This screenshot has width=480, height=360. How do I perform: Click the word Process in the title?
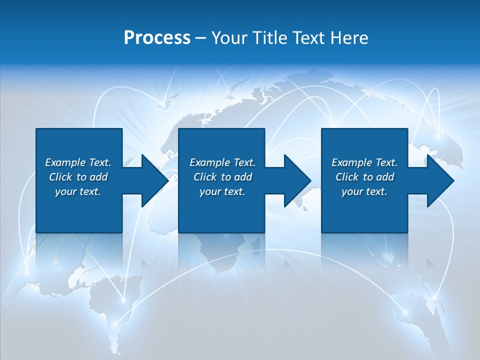pos(157,37)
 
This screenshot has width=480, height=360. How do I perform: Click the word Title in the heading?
pos(269,37)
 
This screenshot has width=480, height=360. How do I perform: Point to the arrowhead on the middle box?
pos(296,180)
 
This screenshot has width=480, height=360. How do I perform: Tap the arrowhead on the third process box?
pos(439,180)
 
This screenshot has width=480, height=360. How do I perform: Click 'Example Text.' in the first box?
pos(78,162)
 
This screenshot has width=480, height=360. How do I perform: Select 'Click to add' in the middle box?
pos(222,177)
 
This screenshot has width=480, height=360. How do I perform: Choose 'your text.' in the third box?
pos(364,191)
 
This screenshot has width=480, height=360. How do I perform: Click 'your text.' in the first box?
pos(78,191)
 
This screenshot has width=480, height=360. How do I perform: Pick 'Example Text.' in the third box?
pos(364,162)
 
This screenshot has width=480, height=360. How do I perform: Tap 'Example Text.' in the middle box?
pos(222,162)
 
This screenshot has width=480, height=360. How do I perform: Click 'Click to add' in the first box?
pos(78,177)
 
